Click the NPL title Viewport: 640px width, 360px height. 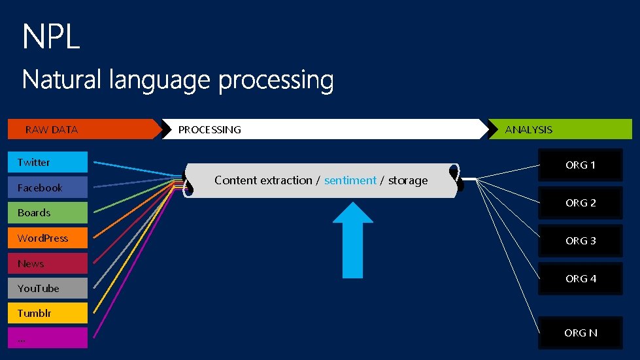[51, 37]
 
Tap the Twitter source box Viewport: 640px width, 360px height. [47, 162]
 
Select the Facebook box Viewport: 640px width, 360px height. [47, 188]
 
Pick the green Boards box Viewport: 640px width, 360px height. [47, 212]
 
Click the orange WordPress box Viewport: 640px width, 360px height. [47, 238]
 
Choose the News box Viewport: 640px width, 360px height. [47, 263]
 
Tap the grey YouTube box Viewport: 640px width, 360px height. [47, 288]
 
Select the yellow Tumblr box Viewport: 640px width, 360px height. [47, 313]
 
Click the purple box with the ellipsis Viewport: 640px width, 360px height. [47, 338]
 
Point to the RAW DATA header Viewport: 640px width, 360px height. [52, 129]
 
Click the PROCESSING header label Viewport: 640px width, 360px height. [209, 129]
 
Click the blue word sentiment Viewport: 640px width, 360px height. [350, 180]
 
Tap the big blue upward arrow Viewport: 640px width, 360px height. [353, 238]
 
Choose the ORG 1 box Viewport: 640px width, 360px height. [581, 165]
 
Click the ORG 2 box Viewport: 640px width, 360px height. [581, 203]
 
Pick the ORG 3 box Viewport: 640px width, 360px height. [581, 241]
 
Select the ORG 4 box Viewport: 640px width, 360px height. [581, 279]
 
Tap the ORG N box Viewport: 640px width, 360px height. [581, 333]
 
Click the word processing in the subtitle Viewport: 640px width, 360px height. [276, 82]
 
